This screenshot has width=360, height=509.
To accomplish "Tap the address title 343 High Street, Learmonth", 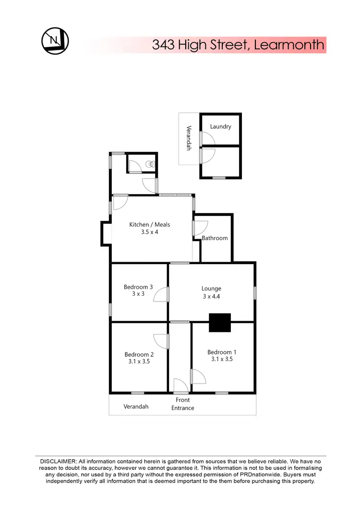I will click(x=238, y=45).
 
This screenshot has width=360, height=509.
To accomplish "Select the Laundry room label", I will click(x=221, y=126).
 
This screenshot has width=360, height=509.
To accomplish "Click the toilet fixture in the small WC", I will click(x=151, y=164).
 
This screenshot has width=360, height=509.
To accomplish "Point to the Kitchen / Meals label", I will click(x=150, y=224).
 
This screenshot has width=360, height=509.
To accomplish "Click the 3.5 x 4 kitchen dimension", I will click(x=150, y=232).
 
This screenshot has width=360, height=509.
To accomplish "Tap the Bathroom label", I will click(x=215, y=238).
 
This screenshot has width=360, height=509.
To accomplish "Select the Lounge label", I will click(x=211, y=289).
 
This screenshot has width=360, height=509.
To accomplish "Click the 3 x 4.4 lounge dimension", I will click(x=211, y=296).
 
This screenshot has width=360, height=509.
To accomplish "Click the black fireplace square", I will click(x=220, y=322).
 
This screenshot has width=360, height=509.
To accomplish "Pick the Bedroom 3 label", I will click(x=138, y=287).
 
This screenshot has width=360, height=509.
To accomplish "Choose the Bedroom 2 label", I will click(x=139, y=355).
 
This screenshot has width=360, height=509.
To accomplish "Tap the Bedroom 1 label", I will click(x=222, y=352).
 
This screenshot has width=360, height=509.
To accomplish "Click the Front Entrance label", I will click(x=183, y=404).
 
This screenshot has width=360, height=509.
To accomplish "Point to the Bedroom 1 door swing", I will click(x=198, y=376).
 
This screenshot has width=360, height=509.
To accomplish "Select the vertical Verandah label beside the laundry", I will click(x=189, y=138).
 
